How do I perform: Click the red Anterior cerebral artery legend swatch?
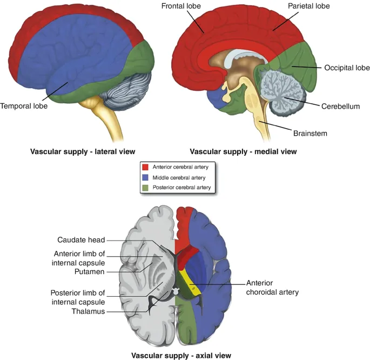[145, 166]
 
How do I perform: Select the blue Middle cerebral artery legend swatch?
[145, 177]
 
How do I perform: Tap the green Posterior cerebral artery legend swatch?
[145, 188]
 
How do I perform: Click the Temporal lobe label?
[24, 106]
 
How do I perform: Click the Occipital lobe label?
[346, 68]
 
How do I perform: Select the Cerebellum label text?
[340, 106]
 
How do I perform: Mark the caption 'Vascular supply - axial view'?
[181, 355]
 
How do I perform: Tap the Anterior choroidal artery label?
[272, 287]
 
